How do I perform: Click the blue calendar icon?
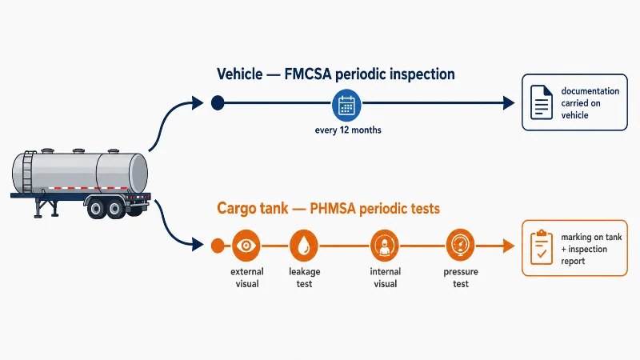(346, 105)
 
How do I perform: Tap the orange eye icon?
(246, 246)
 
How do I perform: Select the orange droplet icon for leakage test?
(304, 246)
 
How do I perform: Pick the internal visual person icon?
(385, 246)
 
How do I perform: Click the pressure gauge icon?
(461, 245)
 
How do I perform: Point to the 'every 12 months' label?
(348, 130)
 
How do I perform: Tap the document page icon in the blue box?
(542, 102)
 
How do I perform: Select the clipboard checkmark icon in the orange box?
(542, 247)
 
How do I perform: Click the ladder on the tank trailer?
(28, 172)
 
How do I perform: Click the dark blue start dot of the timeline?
(218, 102)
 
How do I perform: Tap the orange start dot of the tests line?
(218, 246)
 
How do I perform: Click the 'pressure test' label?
(461, 278)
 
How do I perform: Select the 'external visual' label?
(247, 278)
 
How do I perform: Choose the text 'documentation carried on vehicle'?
(590, 103)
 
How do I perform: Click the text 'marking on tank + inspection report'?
(591, 249)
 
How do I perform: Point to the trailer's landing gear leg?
(38, 207)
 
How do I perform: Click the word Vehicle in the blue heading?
(239, 74)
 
